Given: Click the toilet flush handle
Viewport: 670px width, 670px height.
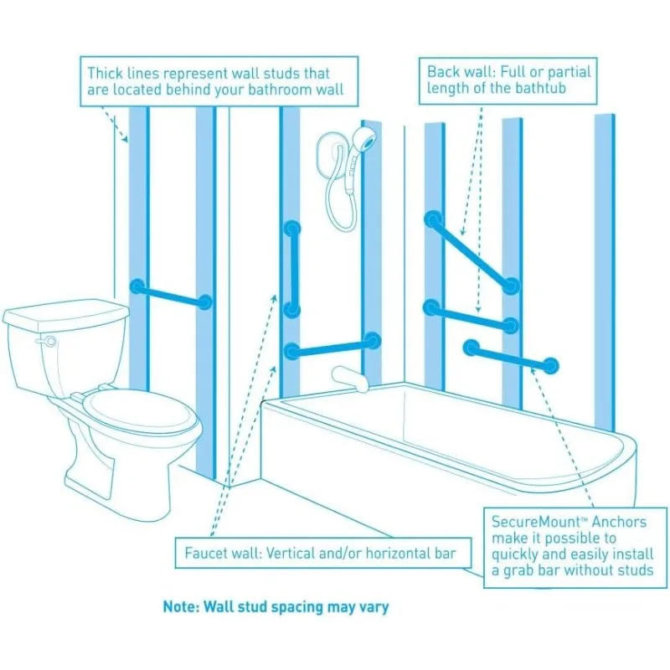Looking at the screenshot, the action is click(46, 341).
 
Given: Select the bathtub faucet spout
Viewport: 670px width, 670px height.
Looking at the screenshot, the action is click(349, 379).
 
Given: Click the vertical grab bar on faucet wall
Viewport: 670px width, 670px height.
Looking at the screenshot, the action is click(292, 268).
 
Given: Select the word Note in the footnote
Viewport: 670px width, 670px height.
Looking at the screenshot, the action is click(178, 606).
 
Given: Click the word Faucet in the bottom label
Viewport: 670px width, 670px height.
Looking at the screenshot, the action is click(205, 553).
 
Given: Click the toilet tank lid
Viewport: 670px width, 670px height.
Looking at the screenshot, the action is click(66, 316).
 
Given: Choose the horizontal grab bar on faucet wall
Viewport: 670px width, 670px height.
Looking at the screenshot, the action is click(332, 346).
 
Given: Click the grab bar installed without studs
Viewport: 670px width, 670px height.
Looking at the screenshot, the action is click(511, 357).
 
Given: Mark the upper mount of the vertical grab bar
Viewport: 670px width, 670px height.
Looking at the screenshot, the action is click(292, 228).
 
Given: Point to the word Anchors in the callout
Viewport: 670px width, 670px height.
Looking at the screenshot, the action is click(619, 522).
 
